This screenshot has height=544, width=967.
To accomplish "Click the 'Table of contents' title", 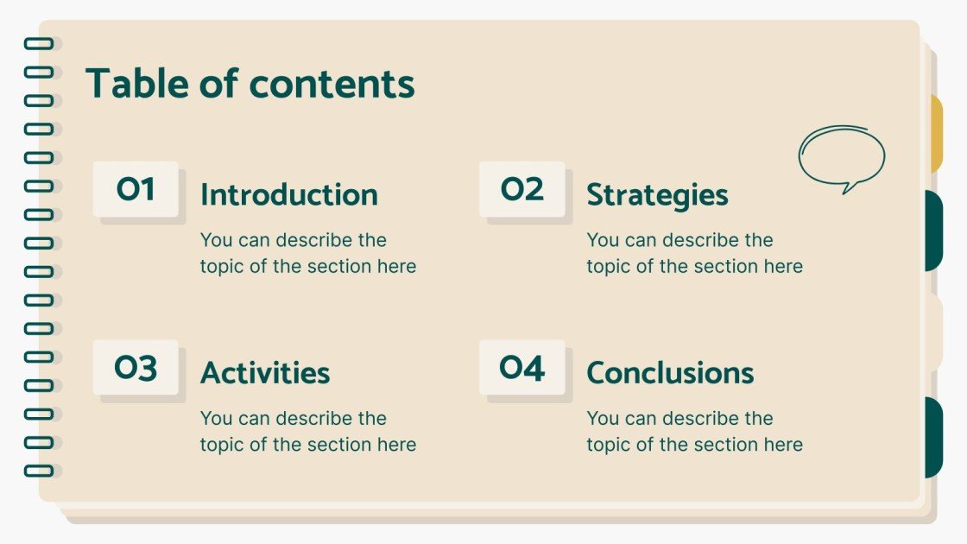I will tap(250, 85).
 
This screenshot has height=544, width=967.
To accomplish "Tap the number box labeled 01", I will tap(136, 189).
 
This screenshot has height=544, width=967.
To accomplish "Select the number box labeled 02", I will tap(522, 189).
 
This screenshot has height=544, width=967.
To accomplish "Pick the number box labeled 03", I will tap(136, 368).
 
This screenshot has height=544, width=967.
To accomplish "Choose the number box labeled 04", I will tap(522, 368).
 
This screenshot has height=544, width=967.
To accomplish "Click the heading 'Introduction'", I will tap(289, 195).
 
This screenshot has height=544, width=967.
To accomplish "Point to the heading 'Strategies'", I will tap(657, 195).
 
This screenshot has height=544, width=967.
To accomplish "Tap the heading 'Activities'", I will tap(265, 373).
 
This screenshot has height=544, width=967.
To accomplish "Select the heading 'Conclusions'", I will tap(670, 373).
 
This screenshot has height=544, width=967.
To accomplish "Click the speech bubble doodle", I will tap(841, 158).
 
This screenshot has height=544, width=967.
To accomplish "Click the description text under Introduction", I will tap(308, 253).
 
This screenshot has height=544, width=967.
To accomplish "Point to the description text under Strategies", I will tap(695, 253).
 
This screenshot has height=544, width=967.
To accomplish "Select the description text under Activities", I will tap(308, 432).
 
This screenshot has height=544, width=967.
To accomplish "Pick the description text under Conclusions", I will tap(695, 432).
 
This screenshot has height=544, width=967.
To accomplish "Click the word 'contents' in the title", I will tap(332, 85).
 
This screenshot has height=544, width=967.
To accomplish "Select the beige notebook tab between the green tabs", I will tap(935, 333).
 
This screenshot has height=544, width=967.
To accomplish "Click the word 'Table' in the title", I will tap(137, 85).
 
